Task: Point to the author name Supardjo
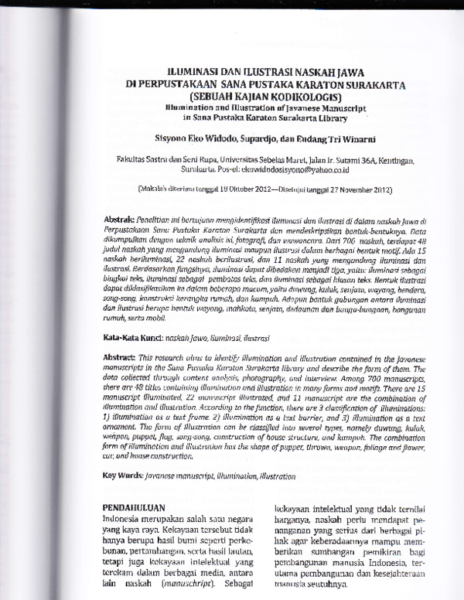click(x=251, y=138)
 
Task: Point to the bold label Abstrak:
click(x=119, y=220)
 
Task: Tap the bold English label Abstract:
click(x=121, y=337)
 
